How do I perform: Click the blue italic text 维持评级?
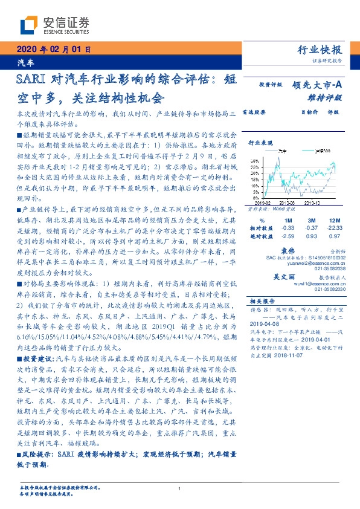(x=327, y=97)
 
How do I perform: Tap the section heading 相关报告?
(x=262, y=300)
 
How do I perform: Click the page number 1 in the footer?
(x=179, y=489)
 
